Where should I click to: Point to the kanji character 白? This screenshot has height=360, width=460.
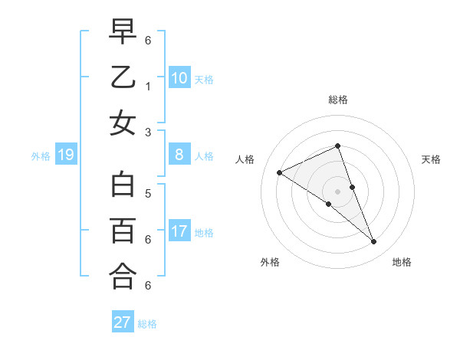123,185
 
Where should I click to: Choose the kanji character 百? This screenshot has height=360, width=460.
123,230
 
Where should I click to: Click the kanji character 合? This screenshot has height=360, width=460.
123,276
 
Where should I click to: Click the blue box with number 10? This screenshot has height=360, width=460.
179,77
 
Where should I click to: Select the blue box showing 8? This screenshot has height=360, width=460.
179,155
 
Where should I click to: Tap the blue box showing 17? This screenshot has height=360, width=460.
179,231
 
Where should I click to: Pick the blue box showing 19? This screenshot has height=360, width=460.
66,155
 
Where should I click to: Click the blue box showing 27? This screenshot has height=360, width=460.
123,322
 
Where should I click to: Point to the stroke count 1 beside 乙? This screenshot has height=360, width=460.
148,87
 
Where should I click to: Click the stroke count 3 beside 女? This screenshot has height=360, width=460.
148,132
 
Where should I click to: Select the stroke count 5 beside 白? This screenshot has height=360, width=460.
148,194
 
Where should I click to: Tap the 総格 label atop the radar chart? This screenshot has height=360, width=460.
338,100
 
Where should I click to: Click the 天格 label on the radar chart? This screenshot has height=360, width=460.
431,159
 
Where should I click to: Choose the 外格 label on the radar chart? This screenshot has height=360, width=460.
270,262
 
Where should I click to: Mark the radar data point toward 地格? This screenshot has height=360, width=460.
374,242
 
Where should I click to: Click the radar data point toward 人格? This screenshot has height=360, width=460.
279,172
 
